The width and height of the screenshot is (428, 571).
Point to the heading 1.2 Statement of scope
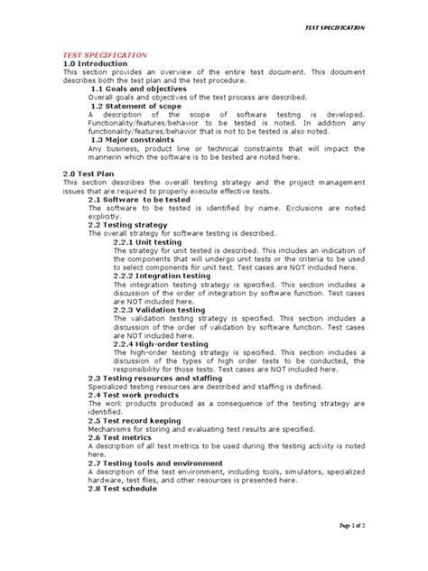(x=135, y=107)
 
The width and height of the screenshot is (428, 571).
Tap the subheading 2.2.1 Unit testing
(x=148, y=241)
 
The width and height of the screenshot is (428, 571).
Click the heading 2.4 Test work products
(x=133, y=394)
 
